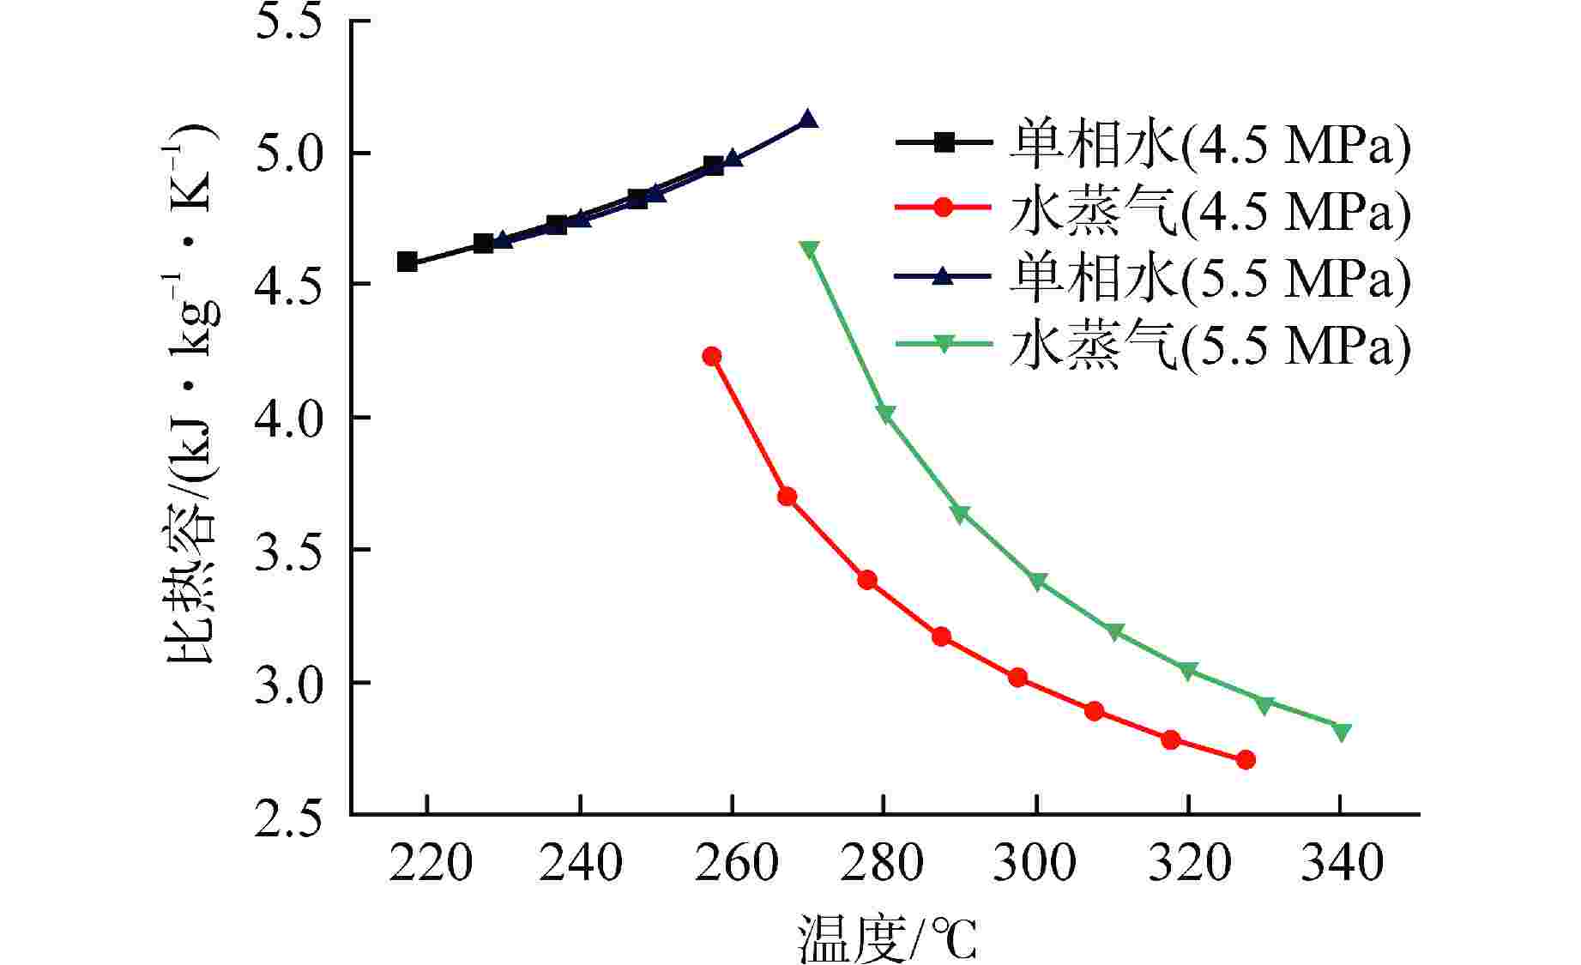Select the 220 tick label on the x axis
[429, 864]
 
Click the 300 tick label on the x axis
[1035, 864]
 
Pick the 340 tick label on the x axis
[1342, 864]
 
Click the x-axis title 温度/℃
[887, 938]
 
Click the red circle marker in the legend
[944, 208]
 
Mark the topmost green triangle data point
[809, 250]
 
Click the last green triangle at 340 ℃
[1342, 732]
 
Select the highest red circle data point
[711, 356]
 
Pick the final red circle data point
[1246, 760]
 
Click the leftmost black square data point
[407, 262]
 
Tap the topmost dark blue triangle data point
[808, 119]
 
